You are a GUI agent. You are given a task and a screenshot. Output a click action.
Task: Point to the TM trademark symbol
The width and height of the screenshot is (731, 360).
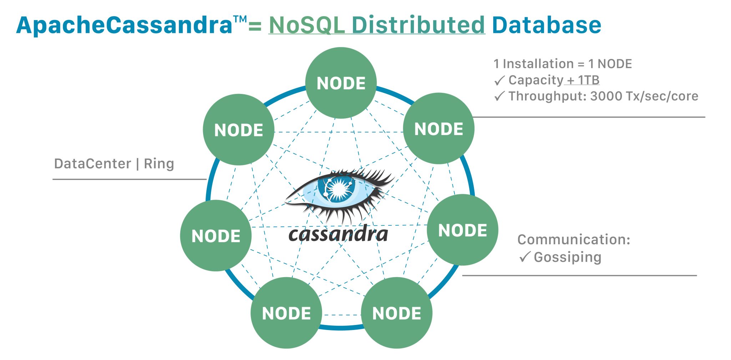pos(240,19)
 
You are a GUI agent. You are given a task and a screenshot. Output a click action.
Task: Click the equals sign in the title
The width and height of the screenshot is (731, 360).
pos(255,26)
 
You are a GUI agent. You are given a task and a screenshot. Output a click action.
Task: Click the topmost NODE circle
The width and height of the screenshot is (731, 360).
pos(341,83)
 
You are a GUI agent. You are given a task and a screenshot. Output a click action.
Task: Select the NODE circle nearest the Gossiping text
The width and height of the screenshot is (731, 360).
pos(462,230)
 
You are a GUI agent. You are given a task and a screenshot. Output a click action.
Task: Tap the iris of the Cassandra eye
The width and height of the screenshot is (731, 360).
pos(337,188)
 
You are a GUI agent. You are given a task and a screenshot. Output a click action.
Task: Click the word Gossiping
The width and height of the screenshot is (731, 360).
pos(567,257)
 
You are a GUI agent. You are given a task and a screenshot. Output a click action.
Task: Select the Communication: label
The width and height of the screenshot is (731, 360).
pos(574,239)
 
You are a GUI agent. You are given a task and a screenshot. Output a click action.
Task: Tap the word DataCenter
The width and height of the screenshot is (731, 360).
pos(92,164)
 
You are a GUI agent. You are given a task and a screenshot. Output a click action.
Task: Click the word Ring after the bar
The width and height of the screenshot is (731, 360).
pos(159,164)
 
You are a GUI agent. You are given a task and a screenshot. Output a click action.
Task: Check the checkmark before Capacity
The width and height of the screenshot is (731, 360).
pos(499,81)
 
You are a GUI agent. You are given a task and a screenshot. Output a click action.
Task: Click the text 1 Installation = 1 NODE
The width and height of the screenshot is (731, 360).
pos(563,64)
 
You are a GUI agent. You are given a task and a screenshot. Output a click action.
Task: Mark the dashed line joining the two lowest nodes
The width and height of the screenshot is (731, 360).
pos(342,315)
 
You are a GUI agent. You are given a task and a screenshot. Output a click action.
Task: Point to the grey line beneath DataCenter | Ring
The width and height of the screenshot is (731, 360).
pos(129,179)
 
